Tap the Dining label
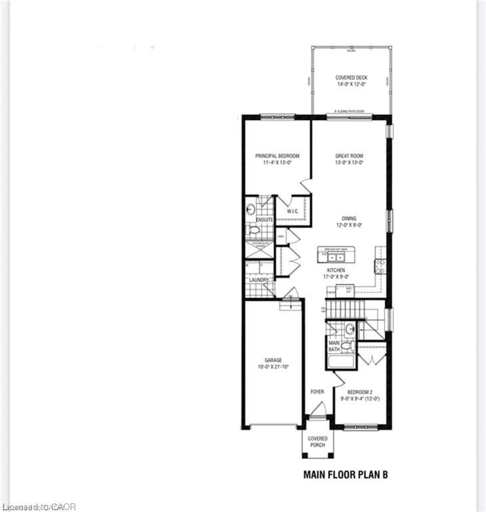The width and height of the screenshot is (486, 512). pos(349,218)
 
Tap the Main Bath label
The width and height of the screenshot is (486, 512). pos(334,346)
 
